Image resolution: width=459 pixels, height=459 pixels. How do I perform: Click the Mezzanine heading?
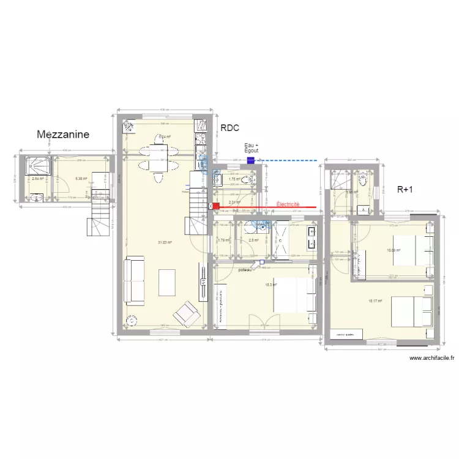coord(63,134)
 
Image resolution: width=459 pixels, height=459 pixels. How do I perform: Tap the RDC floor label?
coord(229,128)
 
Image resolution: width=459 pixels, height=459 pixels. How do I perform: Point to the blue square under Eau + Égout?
coord(250,160)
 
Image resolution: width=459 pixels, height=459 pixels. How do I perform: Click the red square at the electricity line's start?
coord(216,207)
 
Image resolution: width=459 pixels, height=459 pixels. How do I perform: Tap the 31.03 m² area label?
coord(165,242)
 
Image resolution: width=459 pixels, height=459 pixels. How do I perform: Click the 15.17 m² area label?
coord(375,301)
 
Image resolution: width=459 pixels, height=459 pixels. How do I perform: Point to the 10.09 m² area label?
coord(393,250)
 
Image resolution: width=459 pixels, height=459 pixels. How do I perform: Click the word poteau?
coord(245,269)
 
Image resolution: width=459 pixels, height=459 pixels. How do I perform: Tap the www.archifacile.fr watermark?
coord(431,358)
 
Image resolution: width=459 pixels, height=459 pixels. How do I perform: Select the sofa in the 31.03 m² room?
coord(135,281)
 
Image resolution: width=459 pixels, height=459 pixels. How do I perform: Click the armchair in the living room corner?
coord(186,315)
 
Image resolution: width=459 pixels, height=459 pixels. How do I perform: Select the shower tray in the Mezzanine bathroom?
coord(36,166)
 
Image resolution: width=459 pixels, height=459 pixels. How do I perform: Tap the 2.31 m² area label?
coord(233,202)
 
